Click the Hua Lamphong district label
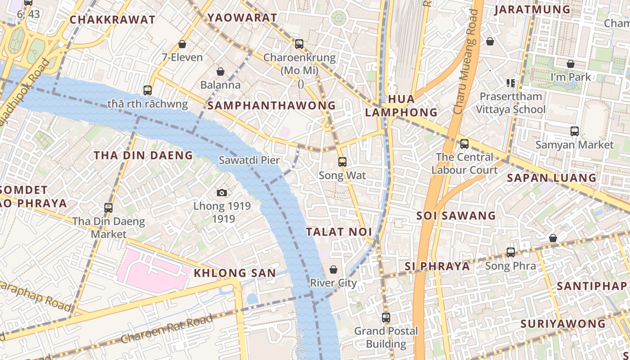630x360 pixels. [401, 106]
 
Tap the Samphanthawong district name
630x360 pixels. [271, 106]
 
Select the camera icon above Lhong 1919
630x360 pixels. [222, 193]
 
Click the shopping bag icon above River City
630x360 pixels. [333, 270]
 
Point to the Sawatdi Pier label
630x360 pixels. [249, 160]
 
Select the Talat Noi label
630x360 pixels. [339, 232]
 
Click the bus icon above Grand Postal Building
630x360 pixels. [386, 318]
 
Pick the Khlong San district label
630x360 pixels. [234, 273]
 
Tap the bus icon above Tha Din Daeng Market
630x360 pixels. [108, 208]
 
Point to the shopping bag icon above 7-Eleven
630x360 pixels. [182, 44]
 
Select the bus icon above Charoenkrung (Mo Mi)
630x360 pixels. [299, 44]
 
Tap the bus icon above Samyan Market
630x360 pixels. [575, 131]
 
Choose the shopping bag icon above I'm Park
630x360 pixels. [571, 64]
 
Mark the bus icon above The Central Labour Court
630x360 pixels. [464, 144]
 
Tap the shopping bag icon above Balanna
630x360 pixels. [220, 72]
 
